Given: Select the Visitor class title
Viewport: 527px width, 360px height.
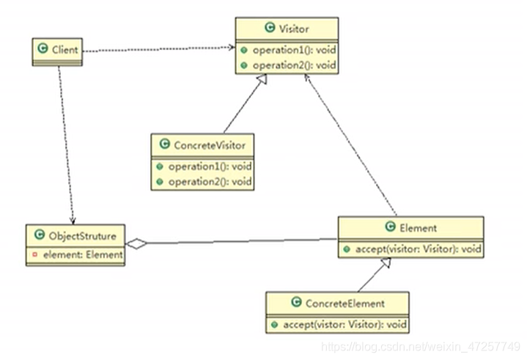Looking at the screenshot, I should [293, 29].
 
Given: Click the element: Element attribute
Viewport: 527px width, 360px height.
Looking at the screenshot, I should [79, 255].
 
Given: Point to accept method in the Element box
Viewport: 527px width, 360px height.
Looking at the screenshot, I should [417, 249].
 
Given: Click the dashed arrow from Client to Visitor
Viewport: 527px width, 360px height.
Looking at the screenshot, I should [158, 48].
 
